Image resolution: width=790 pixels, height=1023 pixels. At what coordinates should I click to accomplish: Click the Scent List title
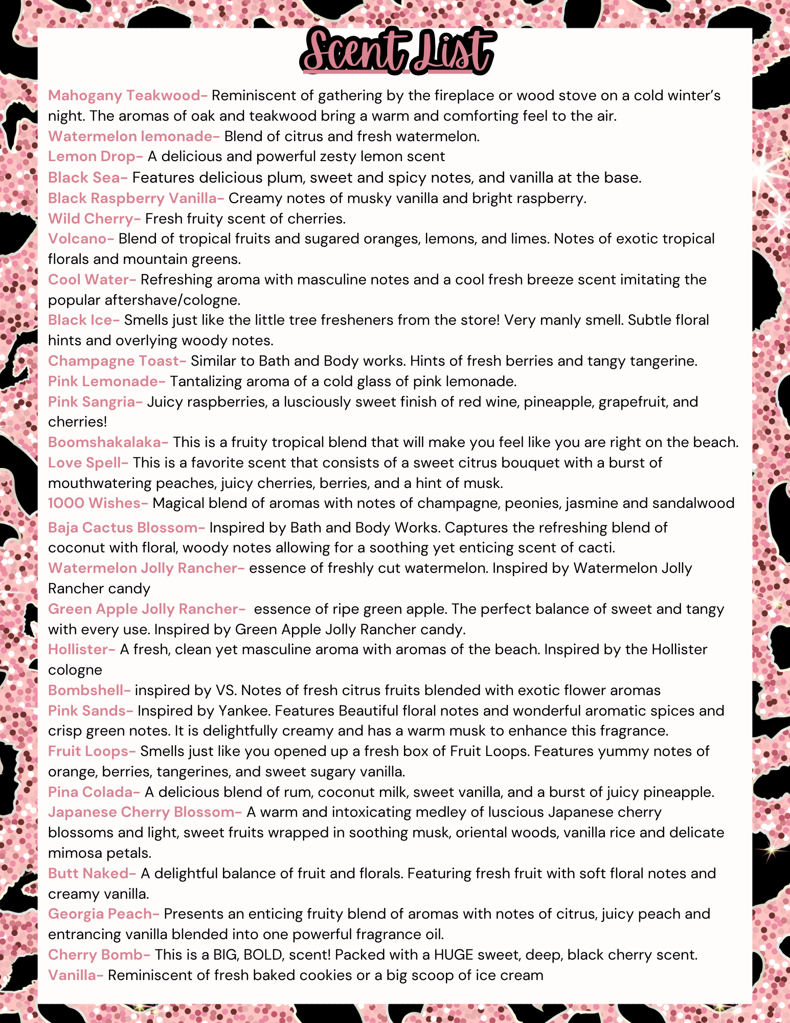click(x=397, y=51)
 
